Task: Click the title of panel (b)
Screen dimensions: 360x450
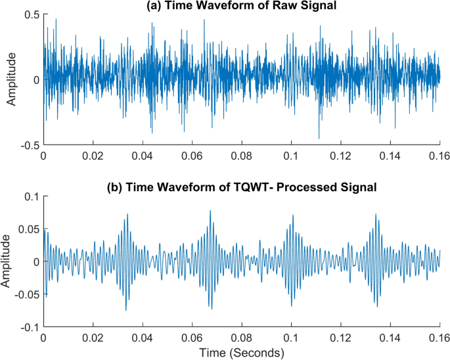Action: click(241, 187)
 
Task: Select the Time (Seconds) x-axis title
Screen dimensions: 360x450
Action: click(241, 353)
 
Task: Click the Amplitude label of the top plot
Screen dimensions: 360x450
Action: click(11, 79)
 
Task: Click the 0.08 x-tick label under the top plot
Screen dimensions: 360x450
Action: click(242, 158)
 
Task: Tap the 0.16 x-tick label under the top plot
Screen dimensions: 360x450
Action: click(439, 158)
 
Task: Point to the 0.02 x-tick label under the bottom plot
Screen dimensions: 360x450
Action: click(93, 339)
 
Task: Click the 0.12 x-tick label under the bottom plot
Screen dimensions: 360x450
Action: click(341, 339)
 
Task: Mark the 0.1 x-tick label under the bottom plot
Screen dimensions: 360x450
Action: click(291, 339)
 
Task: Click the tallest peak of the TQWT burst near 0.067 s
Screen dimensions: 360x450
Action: click(210, 211)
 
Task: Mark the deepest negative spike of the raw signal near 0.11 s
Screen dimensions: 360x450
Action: click(319, 139)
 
